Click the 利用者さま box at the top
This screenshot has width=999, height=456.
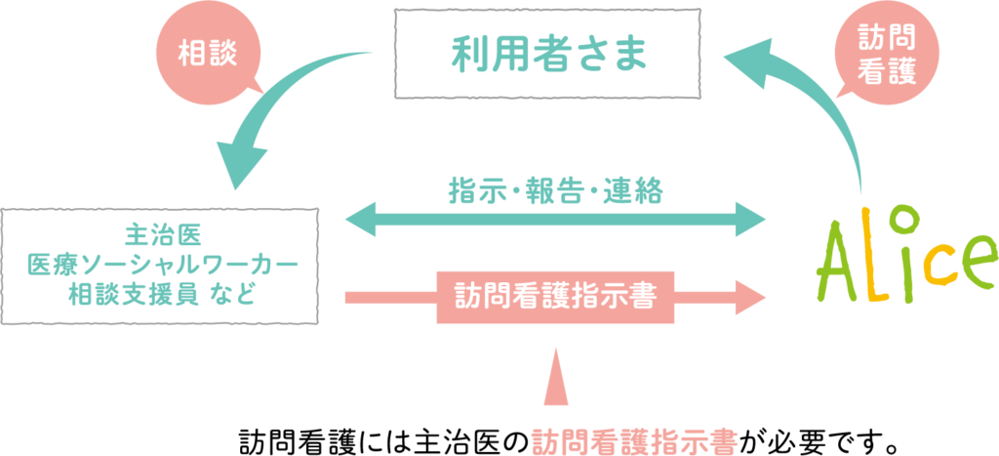pyautogui.click(x=548, y=53)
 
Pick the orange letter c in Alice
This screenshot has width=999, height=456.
pyautogui.click(x=934, y=263)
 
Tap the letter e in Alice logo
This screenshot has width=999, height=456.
pyautogui.click(x=971, y=258)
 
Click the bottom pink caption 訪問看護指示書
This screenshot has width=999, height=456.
pyautogui.click(x=634, y=440)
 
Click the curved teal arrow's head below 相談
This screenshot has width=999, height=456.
pyautogui.click(x=241, y=164)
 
